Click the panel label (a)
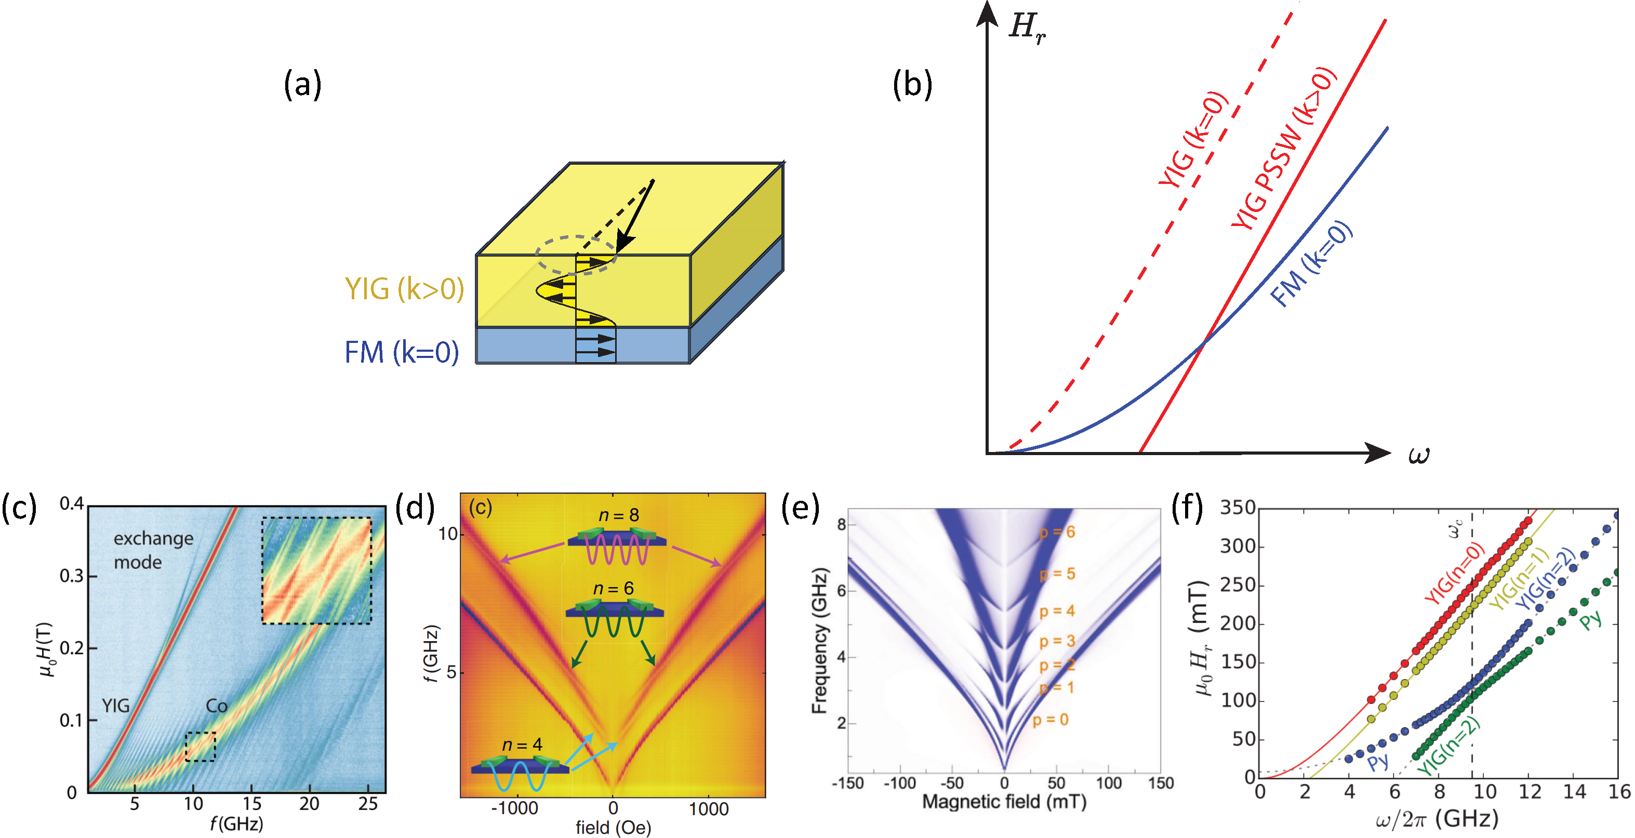[302, 85]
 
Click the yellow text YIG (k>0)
[404, 289]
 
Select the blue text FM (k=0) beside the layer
[401, 352]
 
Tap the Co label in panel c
[217, 706]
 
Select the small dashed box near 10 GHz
[200, 746]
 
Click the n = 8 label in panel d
[618, 515]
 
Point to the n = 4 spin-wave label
[522, 744]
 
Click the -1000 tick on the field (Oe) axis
[517, 809]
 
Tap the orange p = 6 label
[1057, 532]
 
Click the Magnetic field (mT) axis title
[1004, 802]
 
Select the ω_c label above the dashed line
[1455, 528]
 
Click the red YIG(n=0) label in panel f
[1454, 574]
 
